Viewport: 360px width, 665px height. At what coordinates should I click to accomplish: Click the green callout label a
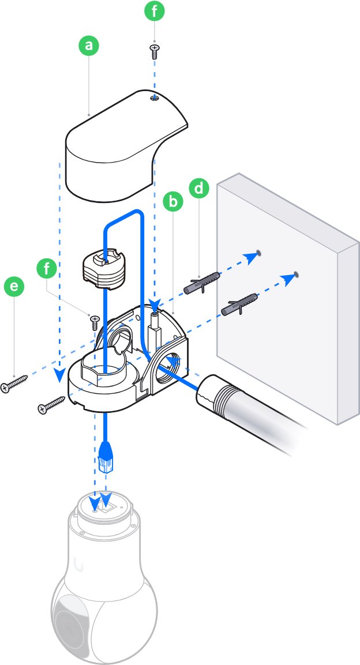click(x=88, y=46)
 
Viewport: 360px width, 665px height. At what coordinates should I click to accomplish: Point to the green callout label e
click(x=14, y=287)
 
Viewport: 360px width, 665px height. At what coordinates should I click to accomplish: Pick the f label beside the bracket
click(x=47, y=269)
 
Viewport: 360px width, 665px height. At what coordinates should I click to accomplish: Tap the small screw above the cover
click(x=154, y=51)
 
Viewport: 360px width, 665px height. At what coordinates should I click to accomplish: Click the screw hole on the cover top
click(x=155, y=99)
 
